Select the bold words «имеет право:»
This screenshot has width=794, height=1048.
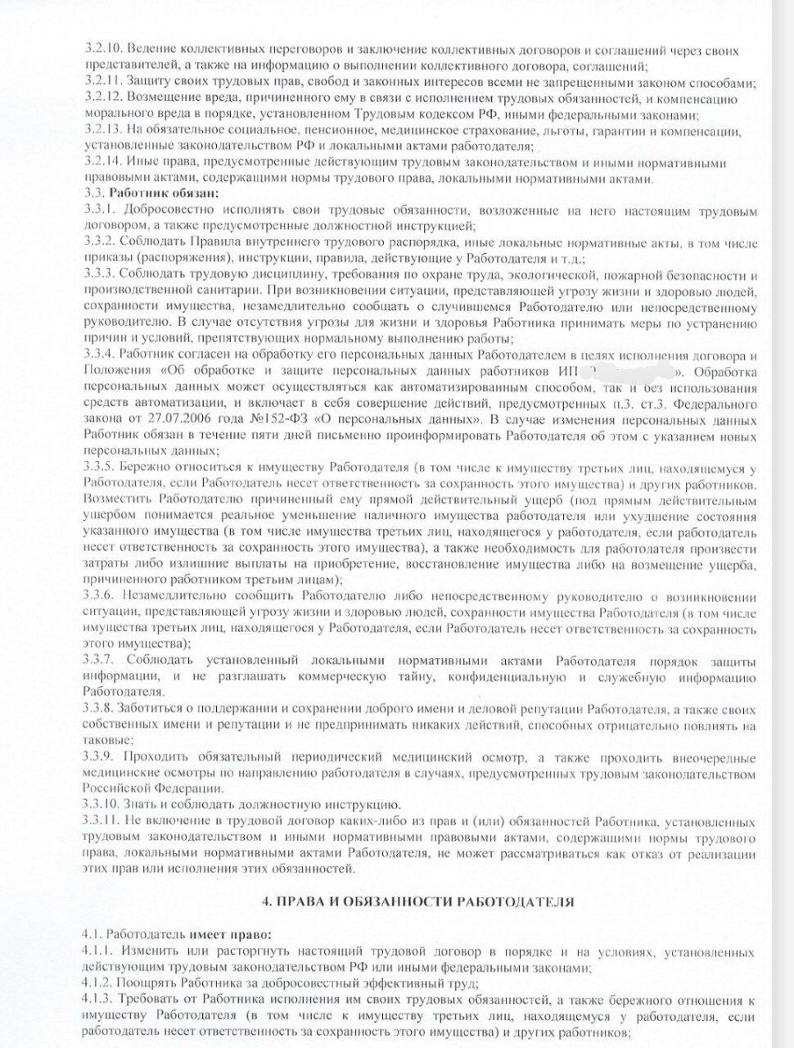point(232,934)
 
